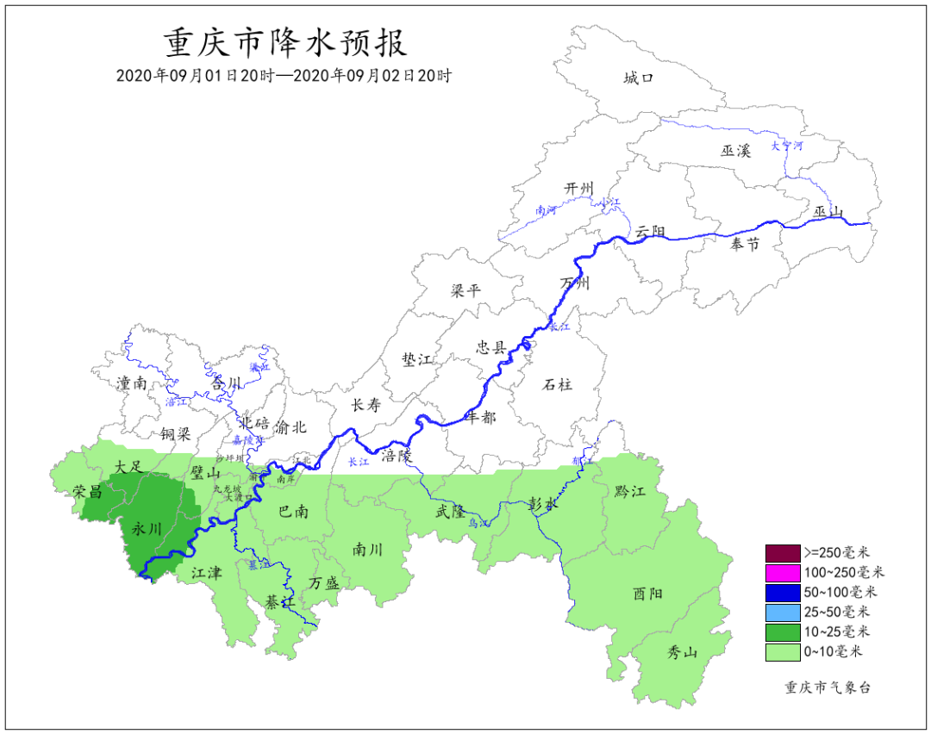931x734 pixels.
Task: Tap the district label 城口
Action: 639,78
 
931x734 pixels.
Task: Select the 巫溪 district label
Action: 736,151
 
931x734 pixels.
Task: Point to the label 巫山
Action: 828,212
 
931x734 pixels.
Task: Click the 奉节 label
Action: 745,245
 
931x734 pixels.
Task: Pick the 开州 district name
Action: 579,188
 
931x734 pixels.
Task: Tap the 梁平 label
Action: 465,290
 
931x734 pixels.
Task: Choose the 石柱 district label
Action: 559,383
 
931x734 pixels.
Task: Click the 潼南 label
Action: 132,383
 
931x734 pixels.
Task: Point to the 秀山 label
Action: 682,652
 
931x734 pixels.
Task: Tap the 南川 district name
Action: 367,549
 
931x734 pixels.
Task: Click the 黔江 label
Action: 630,491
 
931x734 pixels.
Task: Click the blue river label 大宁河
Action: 786,146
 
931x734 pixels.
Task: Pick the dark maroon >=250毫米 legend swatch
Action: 781,552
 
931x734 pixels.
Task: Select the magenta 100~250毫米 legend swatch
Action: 781,572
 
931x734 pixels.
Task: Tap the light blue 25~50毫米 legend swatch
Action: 781,613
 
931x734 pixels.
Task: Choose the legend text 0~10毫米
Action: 833,652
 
